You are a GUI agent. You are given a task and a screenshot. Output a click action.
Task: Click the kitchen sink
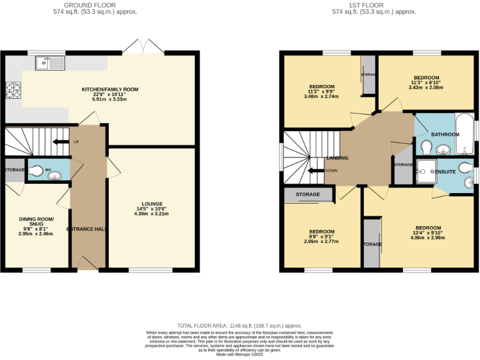pyautogui.click(x=50, y=62)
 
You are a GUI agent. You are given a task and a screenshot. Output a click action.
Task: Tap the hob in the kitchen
pyautogui.click(x=13, y=91)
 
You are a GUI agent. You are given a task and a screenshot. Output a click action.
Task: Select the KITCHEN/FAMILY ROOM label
pyautogui.click(x=110, y=89)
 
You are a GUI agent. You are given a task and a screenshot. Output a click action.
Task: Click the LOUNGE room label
pyautogui.click(x=152, y=204)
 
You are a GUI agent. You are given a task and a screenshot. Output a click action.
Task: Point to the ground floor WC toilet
pyautogui.click(x=37, y=171)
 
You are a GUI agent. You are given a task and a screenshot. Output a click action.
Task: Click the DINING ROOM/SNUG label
pyautogui.click(x=36, y=222)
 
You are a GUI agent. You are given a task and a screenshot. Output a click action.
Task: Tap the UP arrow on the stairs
pyautogui.click(x=61, y=142)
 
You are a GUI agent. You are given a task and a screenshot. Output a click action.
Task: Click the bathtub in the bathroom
pyautogui.click(x=465, y=134)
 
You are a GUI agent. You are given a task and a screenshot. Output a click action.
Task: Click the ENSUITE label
pyautogui.click(x=444, y=170)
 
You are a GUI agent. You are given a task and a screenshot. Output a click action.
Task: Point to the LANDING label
pyautogui.click(x=337, y=158)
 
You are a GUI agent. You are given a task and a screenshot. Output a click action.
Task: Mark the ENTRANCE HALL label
pyautogui.click(x=86, y=229)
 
